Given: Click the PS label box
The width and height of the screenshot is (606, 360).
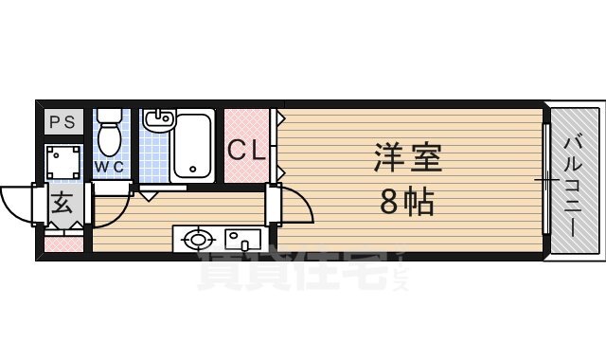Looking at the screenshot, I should coord(62,121).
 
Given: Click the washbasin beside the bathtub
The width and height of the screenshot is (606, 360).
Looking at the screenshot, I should coord(156,119).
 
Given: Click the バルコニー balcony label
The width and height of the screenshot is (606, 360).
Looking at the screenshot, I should coord(573,180).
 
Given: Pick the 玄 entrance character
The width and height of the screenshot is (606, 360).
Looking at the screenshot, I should coord(62,203).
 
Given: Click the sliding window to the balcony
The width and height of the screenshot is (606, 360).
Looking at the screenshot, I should coord(544,180).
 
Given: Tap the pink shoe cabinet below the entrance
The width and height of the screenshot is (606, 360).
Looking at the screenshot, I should coord(63,243).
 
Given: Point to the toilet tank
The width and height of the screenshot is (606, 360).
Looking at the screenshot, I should coord(111,117).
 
